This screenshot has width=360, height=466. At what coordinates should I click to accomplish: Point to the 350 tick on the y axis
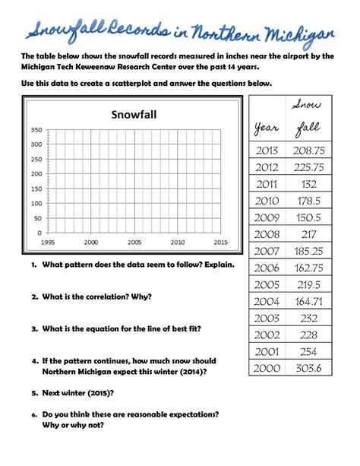click(36, 130)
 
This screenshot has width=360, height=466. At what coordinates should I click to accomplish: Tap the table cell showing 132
click(308, 183)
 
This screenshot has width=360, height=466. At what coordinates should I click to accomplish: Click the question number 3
click(35, 329)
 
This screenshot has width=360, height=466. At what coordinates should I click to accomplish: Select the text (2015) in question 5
click(101, 395)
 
